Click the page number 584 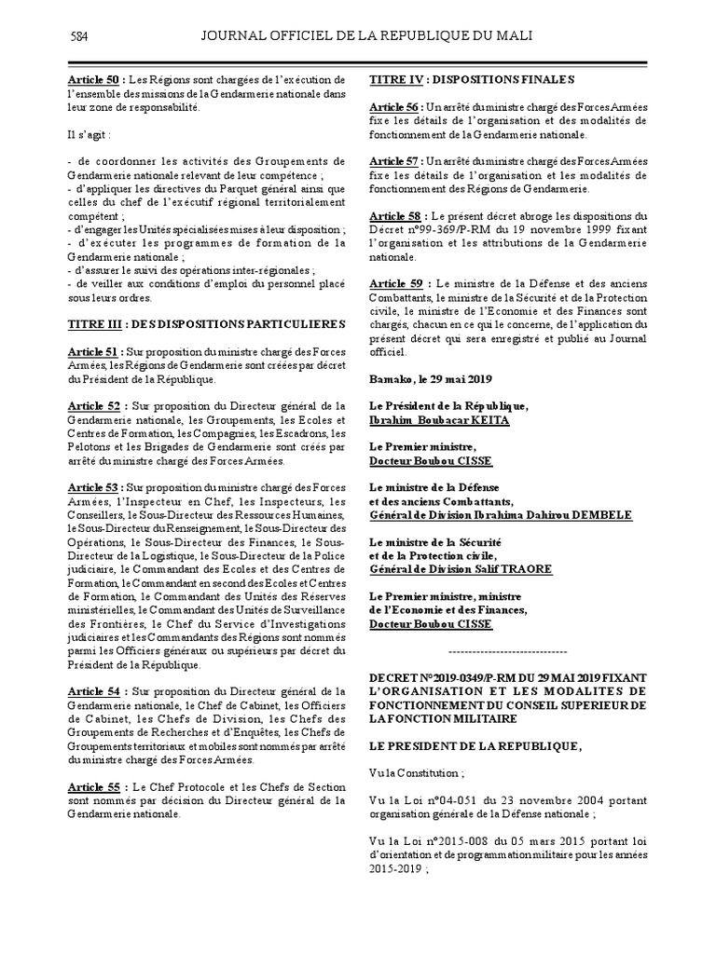79,36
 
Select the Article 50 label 93,80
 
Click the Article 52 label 94,405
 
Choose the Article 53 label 93,486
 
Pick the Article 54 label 94,690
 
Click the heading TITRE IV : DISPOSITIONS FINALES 472,80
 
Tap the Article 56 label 395,108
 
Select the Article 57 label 395,161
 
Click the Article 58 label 396,215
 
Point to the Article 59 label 396,283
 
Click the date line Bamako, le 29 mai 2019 431,379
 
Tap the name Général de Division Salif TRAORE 461,569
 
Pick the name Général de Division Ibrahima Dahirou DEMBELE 501,515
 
